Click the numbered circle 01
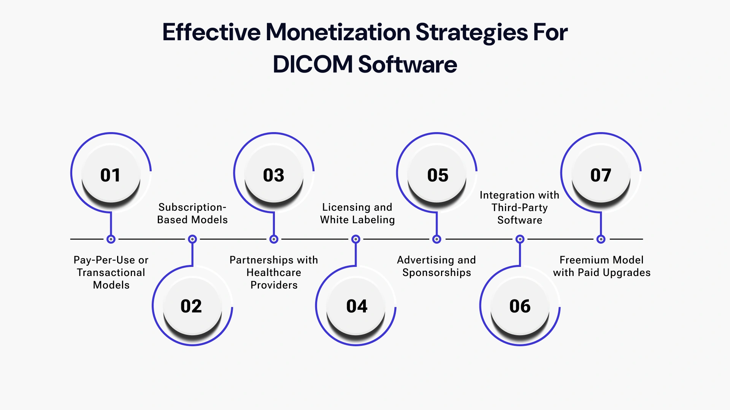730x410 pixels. (x=111, y=175)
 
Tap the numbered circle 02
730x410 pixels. (x=192, y=306)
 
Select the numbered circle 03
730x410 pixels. (x=274, y=175)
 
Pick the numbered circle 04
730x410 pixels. (x=356, y=306)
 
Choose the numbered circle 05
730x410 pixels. (x=437, y=175)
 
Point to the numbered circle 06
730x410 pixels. (x=520, y=306)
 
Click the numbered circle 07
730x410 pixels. (x=601, y=175)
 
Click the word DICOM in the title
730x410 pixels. (x=313, y=64)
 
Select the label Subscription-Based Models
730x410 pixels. (x=192, y=213)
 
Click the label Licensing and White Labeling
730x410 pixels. (x=357, y=213)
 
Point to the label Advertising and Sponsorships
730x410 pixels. (x=436, y=266)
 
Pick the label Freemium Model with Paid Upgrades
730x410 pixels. (x=601, y=266)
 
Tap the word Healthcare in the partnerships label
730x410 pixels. (x=274, y=273)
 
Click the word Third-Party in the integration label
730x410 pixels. (x=519, y=208)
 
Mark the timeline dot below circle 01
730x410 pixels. (x=111, y=239)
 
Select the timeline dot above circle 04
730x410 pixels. (x=355, y=239)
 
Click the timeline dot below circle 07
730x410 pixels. (x=601, y=239)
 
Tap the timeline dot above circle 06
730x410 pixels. (x=520, y=239)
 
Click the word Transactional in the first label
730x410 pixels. (x=111, y=273)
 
